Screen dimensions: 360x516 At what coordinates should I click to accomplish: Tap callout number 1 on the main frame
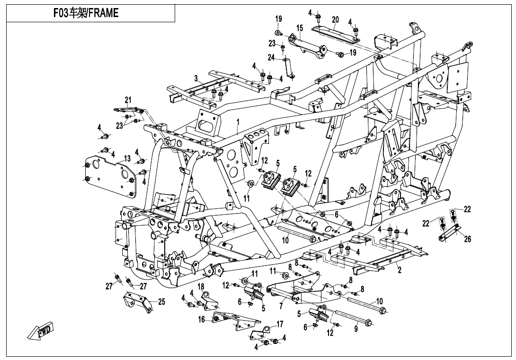pos(238,122)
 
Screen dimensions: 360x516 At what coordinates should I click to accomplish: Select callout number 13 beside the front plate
pos(127,158)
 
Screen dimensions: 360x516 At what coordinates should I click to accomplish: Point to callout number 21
pos(128,99)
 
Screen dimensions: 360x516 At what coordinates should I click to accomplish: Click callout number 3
pos(196,78)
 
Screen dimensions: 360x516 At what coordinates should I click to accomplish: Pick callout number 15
pos(300,28)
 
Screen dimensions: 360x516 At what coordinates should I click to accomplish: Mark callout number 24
pos(271,58)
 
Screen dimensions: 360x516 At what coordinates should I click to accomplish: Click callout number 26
pos(468,239)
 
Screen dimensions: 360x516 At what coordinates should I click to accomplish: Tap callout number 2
pos(399,270)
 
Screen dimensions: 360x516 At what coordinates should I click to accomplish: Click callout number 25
pos(161,301)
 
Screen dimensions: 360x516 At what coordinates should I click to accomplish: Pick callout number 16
pos(202,320)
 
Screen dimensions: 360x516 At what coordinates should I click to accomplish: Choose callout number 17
pos(280,324)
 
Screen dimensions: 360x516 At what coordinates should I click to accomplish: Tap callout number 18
pos(201,287)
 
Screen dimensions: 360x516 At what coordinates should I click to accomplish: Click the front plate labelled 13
pos(110,175)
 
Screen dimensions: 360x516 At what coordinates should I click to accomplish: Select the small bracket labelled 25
pos(137,303)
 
